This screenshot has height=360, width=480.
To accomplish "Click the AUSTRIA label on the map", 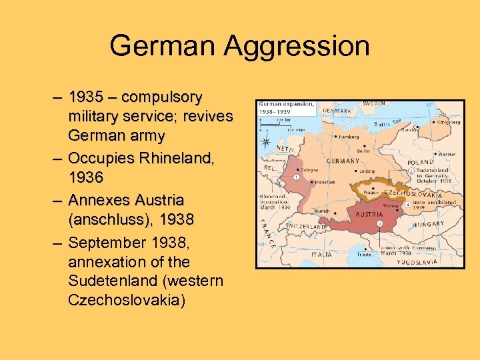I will click(x=369, y=215).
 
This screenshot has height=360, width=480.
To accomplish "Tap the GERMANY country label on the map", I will click(x=343, y=161).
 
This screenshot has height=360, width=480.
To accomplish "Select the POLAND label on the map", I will click(x=421, y=162).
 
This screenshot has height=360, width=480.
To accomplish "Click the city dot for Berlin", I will click(x=361, y=147).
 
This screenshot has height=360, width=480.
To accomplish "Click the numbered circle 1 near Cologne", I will click(x=295, y=177).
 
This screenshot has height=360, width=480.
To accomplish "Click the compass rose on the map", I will click(x=266, y=142).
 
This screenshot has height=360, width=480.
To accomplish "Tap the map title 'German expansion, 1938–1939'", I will click(x=283, y=108).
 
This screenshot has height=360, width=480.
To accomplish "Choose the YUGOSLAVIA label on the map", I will click(x=417, y=261).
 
